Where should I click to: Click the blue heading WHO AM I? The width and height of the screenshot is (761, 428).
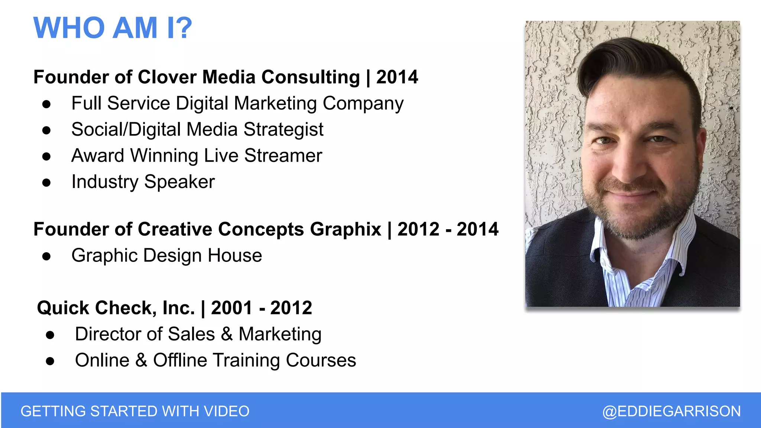coord(113,28)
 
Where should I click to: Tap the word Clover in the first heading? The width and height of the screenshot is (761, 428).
coord(167,77)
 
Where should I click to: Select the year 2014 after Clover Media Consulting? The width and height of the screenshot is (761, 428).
coord(397,77)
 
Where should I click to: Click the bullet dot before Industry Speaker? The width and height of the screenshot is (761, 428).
coord(46,183)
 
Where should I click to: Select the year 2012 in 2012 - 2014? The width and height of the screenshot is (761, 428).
coord(418,229)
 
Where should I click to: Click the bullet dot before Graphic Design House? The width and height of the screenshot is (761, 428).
coord(46,256)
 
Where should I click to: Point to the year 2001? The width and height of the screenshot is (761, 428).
coord(231,308)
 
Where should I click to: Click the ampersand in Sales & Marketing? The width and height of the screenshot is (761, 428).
coord(227,334)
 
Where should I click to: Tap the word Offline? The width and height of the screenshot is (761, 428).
coord(180,360)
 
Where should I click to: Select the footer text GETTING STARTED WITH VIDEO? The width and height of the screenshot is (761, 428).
coord(135,411)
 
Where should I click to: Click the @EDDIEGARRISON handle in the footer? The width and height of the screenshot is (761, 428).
coord(671,411)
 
